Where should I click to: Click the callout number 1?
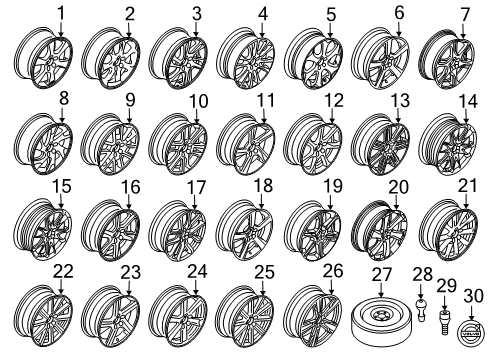click(61, 13)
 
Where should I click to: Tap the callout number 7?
click(464, 15)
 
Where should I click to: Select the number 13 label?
click(400, 100)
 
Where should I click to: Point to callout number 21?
click(468, 186)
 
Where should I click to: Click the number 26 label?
click(333, 271)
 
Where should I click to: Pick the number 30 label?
click(474, 296)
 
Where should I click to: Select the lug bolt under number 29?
click(444, 322)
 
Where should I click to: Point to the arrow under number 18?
click(261, 202)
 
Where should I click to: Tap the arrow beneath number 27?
click(381, 290)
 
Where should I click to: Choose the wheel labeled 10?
click(178, 144)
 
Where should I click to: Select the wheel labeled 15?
click(43, 229)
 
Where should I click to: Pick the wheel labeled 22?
click(44, 315)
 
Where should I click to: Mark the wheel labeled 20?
click(380, 230)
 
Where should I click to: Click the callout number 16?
click(130, 187)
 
